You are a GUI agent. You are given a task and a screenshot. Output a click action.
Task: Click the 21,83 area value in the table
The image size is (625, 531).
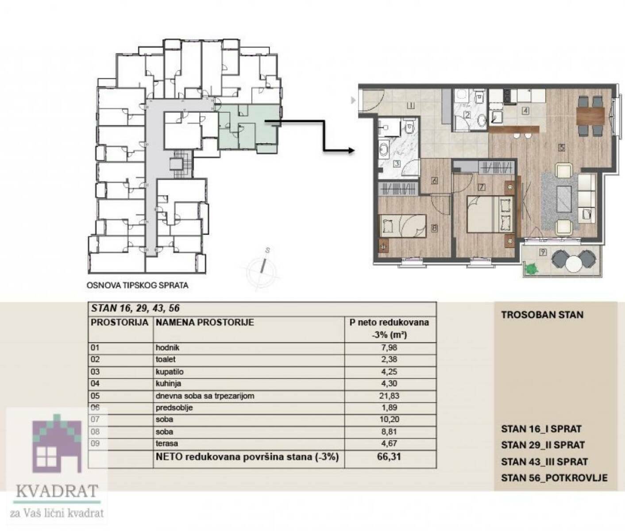point(389,396)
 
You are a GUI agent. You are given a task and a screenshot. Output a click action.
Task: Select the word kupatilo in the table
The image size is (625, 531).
point(170,372)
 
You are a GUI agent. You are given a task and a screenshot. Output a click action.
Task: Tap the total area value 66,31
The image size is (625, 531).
point(389,457)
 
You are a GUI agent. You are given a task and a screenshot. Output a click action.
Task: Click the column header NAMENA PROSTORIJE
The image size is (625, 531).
point(204,323)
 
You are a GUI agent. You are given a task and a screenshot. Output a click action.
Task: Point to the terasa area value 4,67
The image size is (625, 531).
point(389,443)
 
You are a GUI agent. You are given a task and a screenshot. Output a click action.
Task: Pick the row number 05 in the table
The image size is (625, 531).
point(95,396)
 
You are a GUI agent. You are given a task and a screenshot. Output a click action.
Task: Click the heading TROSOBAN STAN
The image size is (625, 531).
point(542,315)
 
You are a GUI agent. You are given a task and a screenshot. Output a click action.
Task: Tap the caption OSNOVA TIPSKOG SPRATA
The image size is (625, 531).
point(137,285)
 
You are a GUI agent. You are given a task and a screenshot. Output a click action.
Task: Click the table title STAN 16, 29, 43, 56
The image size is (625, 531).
point(135,308)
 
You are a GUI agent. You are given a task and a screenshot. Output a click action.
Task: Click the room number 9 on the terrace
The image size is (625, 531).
point(543,252)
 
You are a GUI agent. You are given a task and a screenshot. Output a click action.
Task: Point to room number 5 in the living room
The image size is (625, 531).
point(562,147)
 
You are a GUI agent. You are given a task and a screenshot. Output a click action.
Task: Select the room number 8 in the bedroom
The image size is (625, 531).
point(435,228)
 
